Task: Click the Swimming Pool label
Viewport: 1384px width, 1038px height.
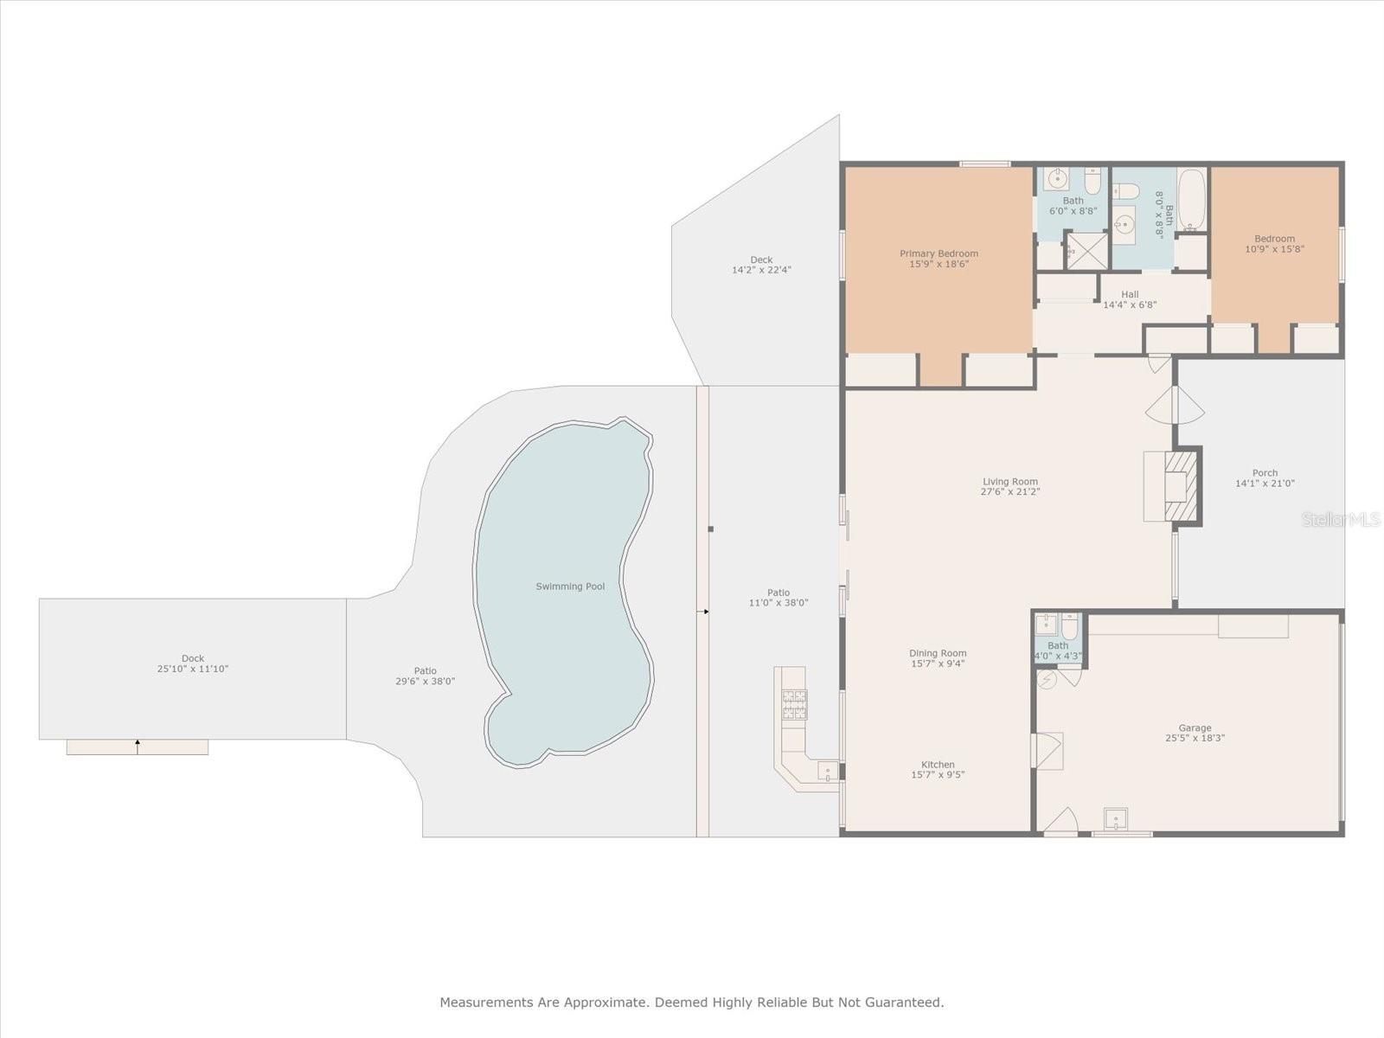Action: (x=570, y=586)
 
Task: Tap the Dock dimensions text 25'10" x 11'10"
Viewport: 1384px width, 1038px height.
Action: (x=193, y=669)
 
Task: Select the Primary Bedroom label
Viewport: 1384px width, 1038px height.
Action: (x=939, y=253)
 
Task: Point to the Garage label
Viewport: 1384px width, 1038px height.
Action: (x=1195, y=727)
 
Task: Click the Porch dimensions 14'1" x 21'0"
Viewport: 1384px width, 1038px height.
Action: (x=1265, y=484)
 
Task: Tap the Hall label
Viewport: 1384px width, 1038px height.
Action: (x=1130, y=294)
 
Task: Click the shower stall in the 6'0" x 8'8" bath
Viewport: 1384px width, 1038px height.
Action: (x=1086, y=250)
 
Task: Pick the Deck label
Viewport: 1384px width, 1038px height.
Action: (x=761, y=259)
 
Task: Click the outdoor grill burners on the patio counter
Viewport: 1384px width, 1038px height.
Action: (x=795, y=704)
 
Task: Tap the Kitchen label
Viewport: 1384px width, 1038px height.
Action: (x=938, y=764)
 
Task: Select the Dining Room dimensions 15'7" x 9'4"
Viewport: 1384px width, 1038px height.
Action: (x=938, y=663)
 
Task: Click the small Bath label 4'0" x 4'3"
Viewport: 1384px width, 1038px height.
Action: (x=1058, y=645)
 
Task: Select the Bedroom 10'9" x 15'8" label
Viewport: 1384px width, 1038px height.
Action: (x=1274, y=239)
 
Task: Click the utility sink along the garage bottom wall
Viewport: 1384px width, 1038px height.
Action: (x=1116, y=817)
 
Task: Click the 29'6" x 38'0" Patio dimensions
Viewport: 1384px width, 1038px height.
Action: (x=425, y=681)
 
